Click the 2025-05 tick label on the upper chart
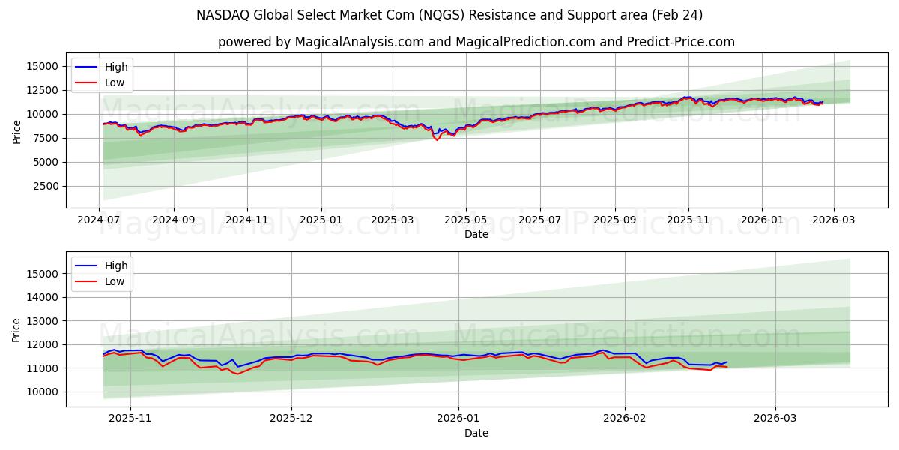point(466,221)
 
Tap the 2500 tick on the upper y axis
point(47,186)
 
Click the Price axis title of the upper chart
point(17,132)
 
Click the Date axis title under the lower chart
point(476,433)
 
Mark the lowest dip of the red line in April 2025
point(438,140)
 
